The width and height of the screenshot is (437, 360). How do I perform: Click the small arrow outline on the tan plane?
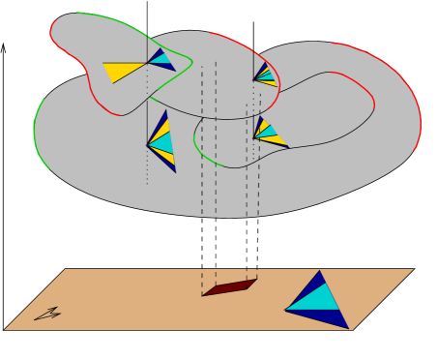(47, 314)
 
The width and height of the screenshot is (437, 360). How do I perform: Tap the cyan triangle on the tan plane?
(314, 298)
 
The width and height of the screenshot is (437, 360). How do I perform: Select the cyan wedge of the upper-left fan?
(160, 58)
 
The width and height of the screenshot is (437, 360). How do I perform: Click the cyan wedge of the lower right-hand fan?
(268, 131)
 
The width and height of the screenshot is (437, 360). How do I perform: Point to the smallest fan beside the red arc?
(264, 75)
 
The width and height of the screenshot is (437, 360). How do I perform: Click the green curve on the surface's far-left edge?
(36, 126)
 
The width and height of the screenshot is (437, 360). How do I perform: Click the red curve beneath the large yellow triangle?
(97, 97)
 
